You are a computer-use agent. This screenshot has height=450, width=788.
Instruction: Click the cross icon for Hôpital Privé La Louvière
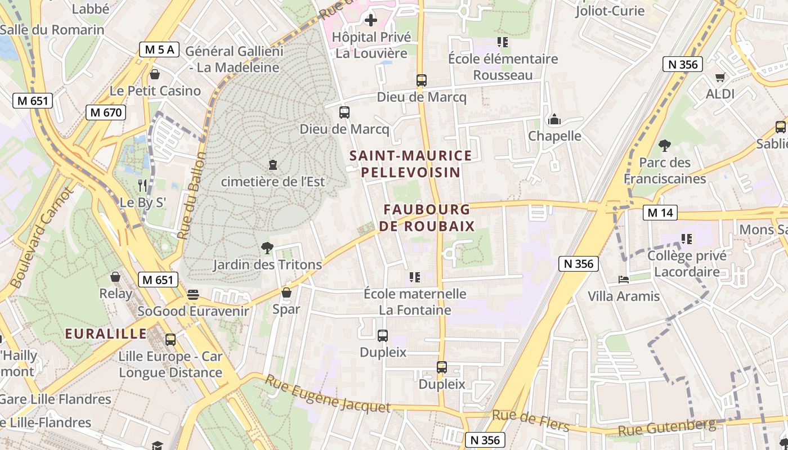coord(370,21)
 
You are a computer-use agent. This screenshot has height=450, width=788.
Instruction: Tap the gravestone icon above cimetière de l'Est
coord(273,165)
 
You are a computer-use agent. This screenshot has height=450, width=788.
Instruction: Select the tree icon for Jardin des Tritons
coord(267,247)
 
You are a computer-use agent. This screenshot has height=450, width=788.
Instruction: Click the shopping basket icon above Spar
coord(286,292)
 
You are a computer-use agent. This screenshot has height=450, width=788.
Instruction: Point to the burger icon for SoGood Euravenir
coord(193,295)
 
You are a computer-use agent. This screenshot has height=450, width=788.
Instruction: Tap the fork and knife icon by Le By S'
coord(142,185)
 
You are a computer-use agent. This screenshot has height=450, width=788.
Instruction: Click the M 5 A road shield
coord(159,49)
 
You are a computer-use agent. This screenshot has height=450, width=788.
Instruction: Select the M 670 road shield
coord(105,112)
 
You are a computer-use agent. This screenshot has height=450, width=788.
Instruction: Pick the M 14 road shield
coord(660,213)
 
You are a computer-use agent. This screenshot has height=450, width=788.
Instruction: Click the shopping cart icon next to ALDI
coord(720,77)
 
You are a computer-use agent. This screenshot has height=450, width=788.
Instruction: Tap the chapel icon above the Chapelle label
coord(554,119)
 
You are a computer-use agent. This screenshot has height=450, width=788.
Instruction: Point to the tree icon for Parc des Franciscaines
coord(665,146)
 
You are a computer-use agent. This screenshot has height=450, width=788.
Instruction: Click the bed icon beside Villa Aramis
coord(623,279)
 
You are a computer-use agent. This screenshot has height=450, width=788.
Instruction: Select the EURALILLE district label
coord(106,334)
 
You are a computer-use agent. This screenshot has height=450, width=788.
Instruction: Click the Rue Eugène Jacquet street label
coord(328,395)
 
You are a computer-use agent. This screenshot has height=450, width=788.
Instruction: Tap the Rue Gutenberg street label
coord(667,427)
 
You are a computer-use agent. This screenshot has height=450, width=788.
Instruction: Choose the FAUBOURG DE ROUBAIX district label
coord(427,218)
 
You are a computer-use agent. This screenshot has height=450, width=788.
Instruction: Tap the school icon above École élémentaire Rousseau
coord(502,42)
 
